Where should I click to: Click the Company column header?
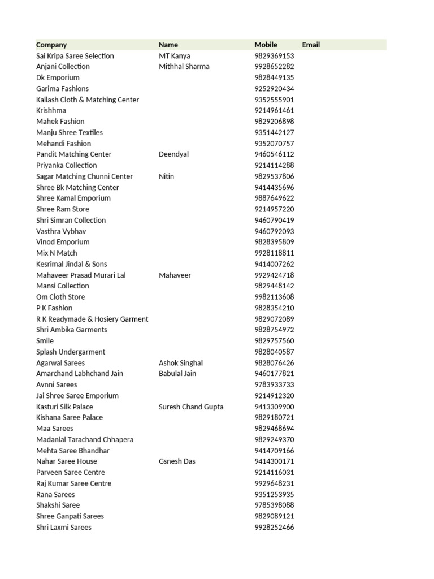(x=51, y=45)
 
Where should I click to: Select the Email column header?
(x=311, y=45)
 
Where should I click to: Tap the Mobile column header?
(x=266, y=45)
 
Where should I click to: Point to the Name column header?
(x=168, y=45)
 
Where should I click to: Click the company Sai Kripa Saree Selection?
(x=75, y=56)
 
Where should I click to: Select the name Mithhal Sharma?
(x=184, y=67)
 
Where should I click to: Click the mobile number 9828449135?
(x=275, y=77)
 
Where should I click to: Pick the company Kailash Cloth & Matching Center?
(x=88, y=100)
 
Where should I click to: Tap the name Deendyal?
(x=174, y=154)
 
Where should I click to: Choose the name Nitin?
(x=167, y=176)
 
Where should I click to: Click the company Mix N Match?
(x=57, y=253)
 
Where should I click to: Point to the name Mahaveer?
(x=175, y=275)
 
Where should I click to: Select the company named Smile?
(x=45, y=341)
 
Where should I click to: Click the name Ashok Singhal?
(x=181, y=363)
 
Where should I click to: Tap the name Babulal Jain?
(x=178, y=374)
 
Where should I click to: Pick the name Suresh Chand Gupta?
(x=191, y=407)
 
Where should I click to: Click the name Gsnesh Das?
(x=177, y=461)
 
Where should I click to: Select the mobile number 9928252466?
(x=275, y=528)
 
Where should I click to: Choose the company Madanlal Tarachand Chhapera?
(x=85, y=439)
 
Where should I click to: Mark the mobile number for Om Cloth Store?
(x=275, y=297)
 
